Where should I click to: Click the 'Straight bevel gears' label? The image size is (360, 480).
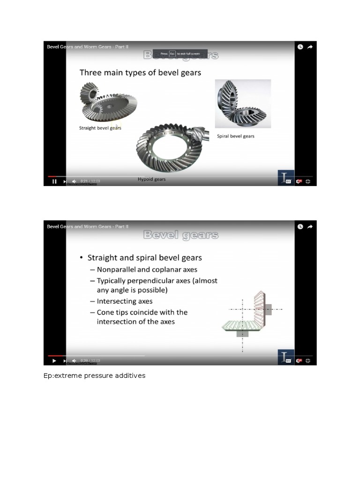pyautogui.click(x=100, y=127)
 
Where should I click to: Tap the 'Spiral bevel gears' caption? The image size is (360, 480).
pyautogui.click(x=236, y=136)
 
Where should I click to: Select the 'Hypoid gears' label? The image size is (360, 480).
pyautogui.click(x=151, y=179)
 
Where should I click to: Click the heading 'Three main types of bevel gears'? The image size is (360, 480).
pyautogui.click(x=140, y=72)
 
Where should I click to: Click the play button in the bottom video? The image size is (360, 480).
pyautogui.click(x=54, y=360)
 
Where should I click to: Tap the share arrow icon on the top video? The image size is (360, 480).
pyautogui.click(x=310, y=47)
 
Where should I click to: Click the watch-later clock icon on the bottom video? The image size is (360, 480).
pyautogui.click(x=300, y=226)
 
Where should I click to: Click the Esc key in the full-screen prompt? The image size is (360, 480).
pyautogui.click(x=172, y=54)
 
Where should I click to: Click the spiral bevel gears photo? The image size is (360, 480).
pyautogui.click(x=242, y=104)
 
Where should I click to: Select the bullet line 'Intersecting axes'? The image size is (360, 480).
pyautogui.click(x=124, y=301)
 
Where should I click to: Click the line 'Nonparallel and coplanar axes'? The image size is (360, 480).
pyautogui.click(x=147, y=270)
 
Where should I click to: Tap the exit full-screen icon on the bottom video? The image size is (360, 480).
pyautogui.click(x=308, y=360)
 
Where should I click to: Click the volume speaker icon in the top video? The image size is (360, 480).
pyautogui.click(x=74, y=181)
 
